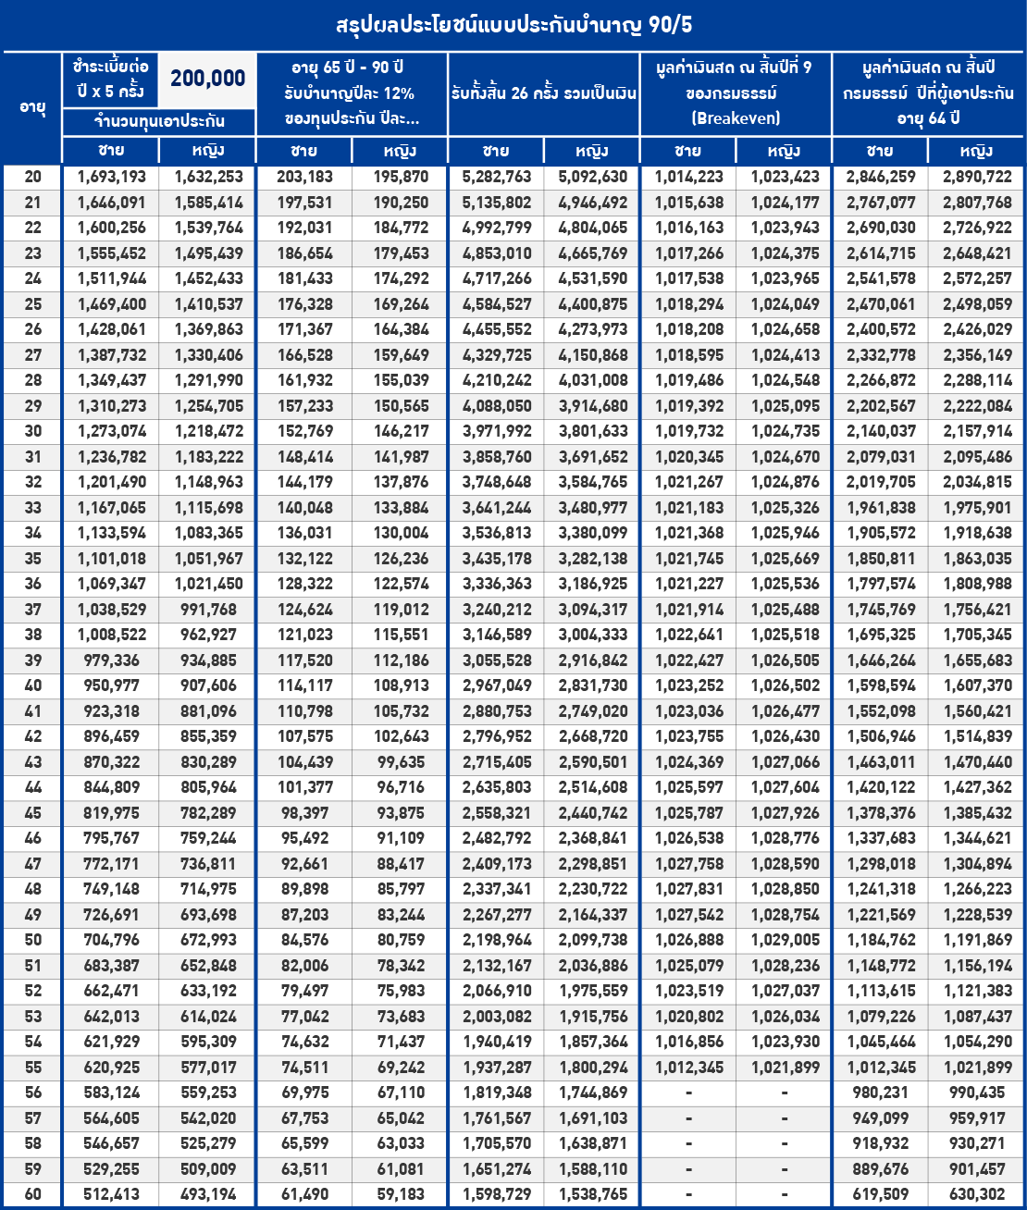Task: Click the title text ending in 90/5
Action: coord(513,25)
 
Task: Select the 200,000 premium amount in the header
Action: coord(207,80)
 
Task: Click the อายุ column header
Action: coord(32,107)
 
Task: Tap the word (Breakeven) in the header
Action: coord(736,118)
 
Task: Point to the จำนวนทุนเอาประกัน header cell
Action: coord(159,121)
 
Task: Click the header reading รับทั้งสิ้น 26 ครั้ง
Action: coord(544,93)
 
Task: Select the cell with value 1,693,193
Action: coord(111,177)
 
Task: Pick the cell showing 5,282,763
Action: coord(497,177)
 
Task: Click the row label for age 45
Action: coord(32,813)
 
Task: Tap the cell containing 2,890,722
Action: coord(977,177)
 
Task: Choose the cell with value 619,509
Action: coord(881,1194)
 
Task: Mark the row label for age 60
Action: coord(32,1194)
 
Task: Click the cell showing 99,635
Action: coord(401,762)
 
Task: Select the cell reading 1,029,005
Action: coord(785,940)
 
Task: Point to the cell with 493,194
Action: coord(208,1194)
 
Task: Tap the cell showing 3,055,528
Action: coord(497,661)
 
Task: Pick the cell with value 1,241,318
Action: coord(881,889)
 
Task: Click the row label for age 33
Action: coord(32,508)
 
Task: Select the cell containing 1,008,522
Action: coord(111,635)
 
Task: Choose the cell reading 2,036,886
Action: coord(593,966)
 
